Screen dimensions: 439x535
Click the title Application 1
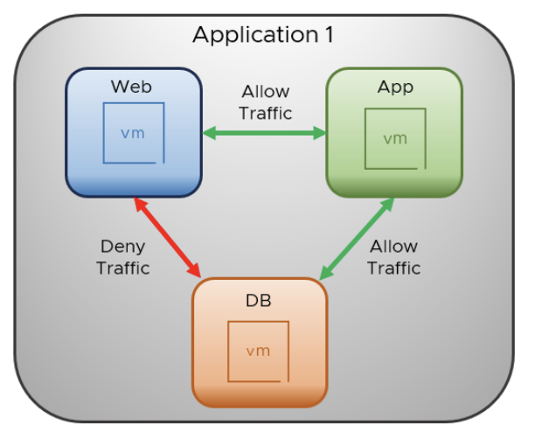click(263, 36)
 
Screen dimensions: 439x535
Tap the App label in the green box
click(394, 87)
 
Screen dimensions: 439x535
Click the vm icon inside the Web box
click(133, 133)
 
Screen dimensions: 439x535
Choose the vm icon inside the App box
click(395, 138)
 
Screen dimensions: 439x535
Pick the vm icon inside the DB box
click(258, 351)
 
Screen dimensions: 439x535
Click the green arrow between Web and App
click(264, 133)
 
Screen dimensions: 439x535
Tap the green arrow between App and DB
click(356, 239)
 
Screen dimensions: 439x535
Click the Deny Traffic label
click(123, 257)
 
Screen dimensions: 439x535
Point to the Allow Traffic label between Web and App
click(265, 102)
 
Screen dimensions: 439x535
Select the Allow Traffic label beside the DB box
click(393, 257)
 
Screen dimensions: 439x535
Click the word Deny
click(123, 247)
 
